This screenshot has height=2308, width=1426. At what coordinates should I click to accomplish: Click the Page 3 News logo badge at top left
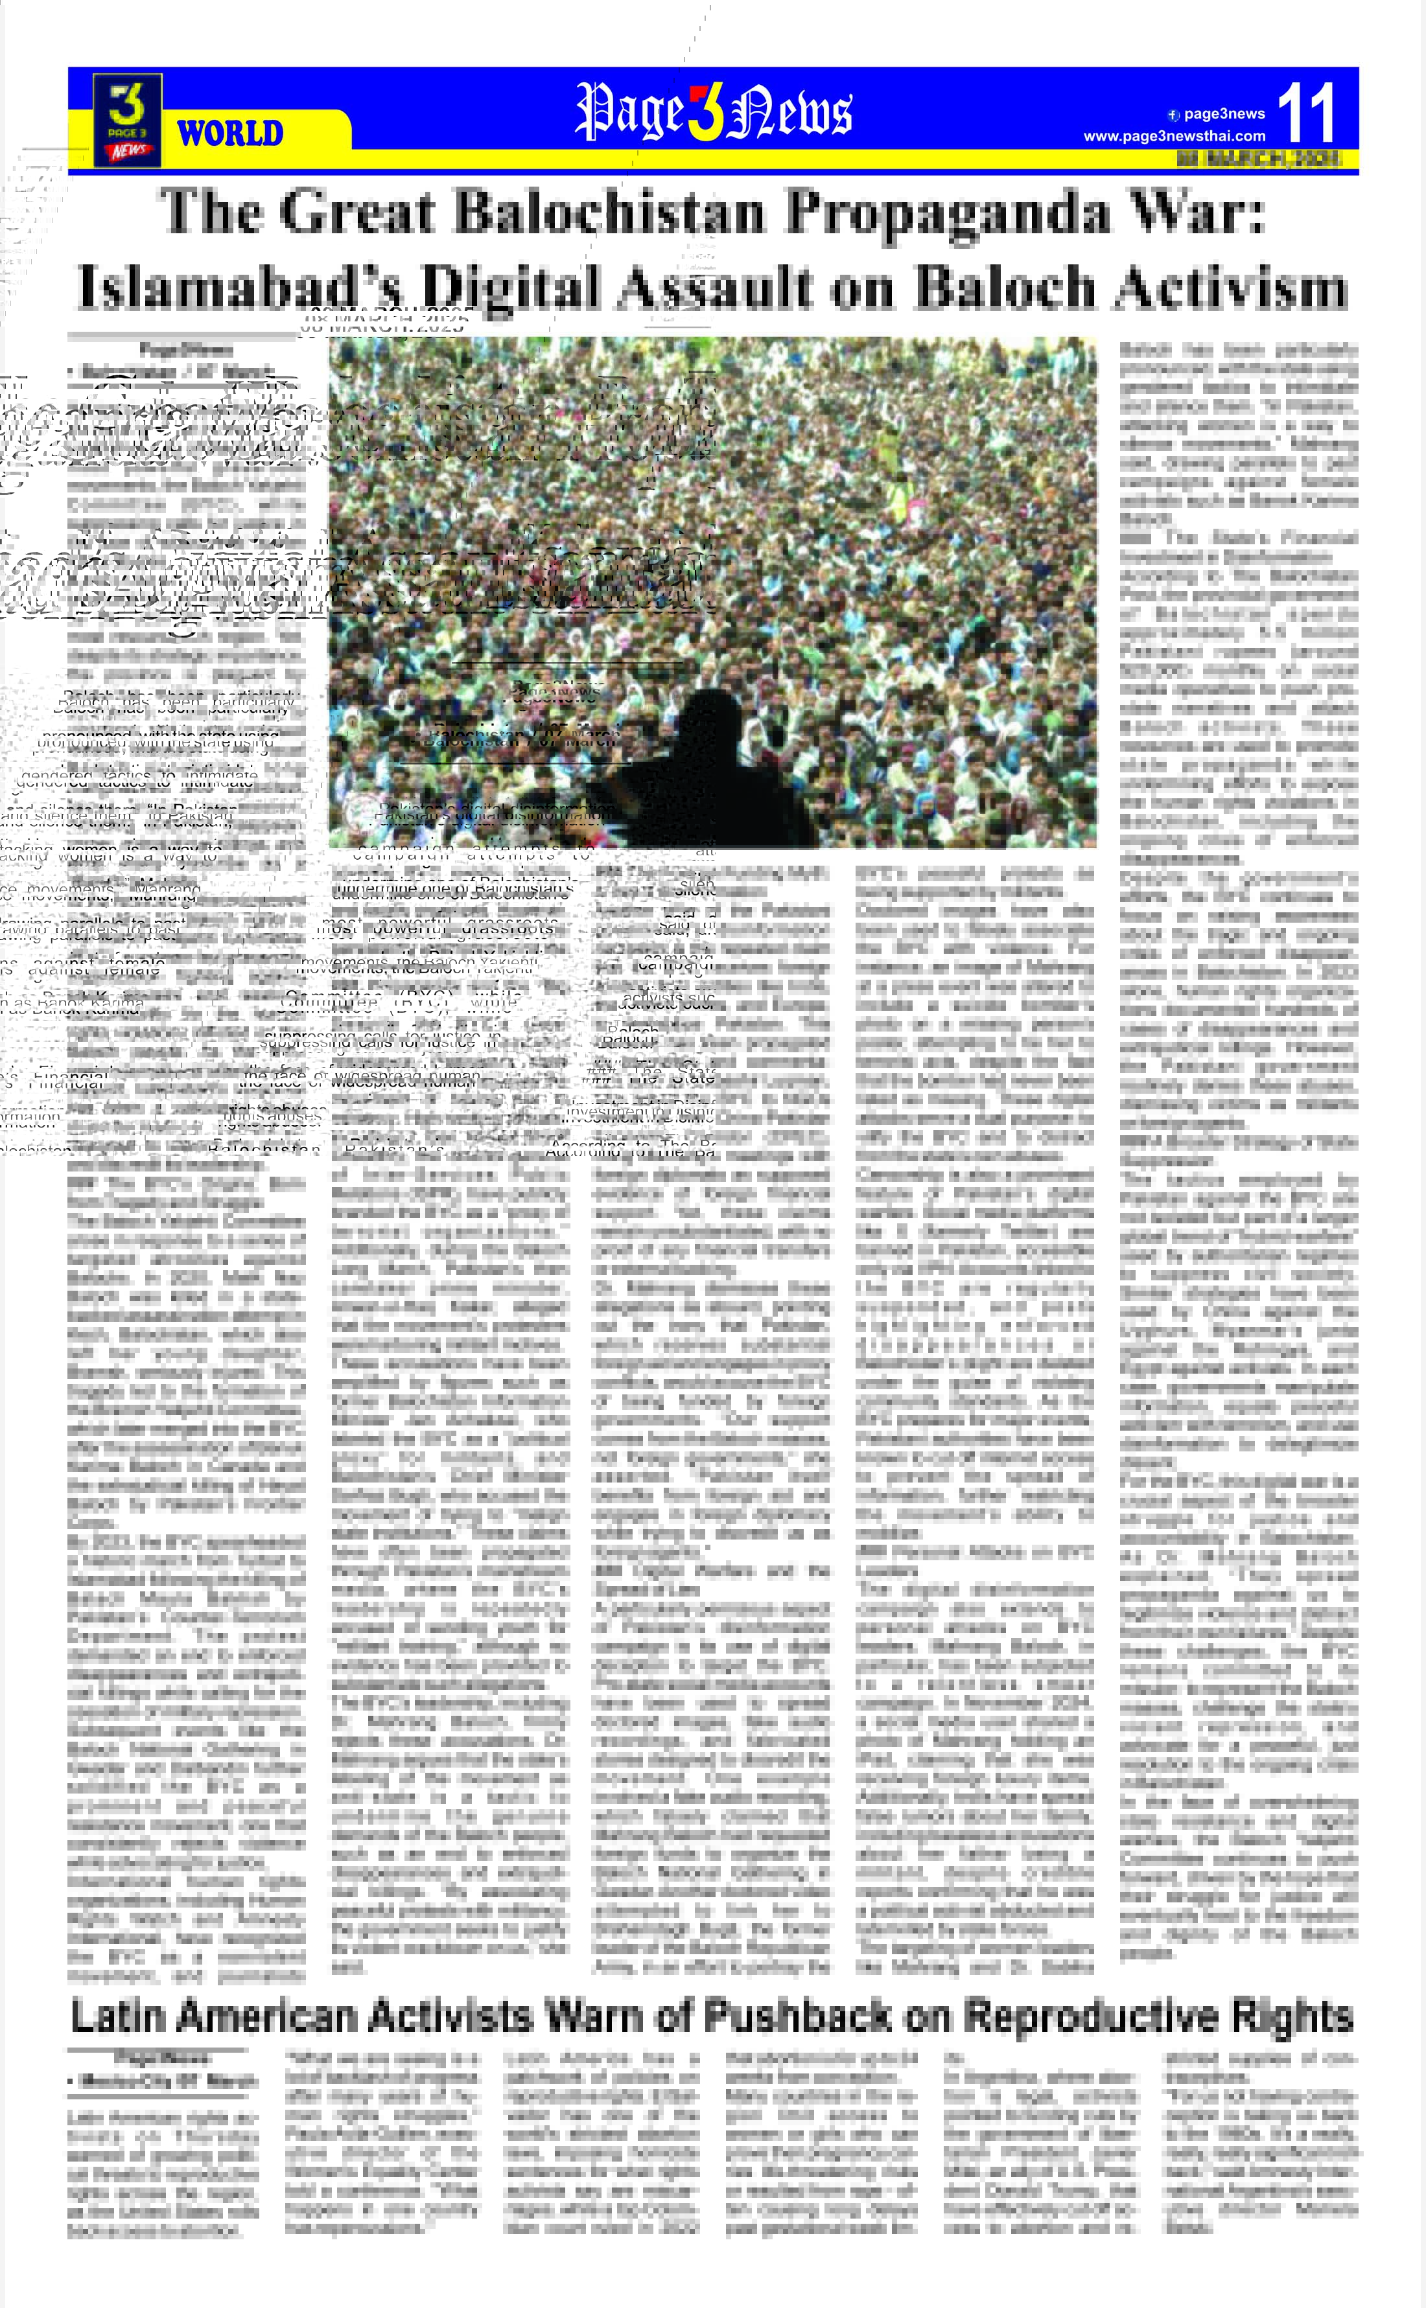pos(127,120)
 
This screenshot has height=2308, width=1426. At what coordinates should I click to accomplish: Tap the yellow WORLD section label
pos(230,133)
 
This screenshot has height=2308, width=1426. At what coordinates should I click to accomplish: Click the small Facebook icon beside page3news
pos(1173,115)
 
